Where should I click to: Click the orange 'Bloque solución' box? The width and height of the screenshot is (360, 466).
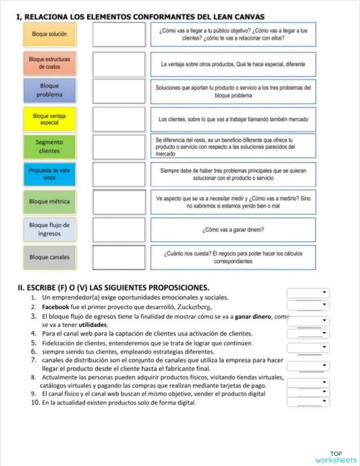point(49,35)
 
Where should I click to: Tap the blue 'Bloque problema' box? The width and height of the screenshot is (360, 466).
point(49,90)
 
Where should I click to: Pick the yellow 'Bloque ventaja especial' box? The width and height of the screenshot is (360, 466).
point(49,118)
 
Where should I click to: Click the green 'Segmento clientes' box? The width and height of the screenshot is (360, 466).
point(49,146)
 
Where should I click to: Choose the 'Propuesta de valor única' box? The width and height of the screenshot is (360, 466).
point(49,174)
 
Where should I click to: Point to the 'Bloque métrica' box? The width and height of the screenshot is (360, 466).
point(49,202)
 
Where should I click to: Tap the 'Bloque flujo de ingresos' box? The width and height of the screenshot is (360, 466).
point(49,229)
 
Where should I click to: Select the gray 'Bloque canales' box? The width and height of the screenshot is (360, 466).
point(49,257)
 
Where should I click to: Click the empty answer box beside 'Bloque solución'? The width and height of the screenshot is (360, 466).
point(119,35)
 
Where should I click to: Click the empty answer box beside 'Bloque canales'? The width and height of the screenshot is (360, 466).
point(119,257)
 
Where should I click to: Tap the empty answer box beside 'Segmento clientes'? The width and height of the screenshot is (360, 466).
point(119,146)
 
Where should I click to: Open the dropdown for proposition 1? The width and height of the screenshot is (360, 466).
point(308,293)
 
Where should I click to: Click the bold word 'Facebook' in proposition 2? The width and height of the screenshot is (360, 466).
point(58,308)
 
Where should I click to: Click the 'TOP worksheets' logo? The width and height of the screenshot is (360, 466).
point(335,456)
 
